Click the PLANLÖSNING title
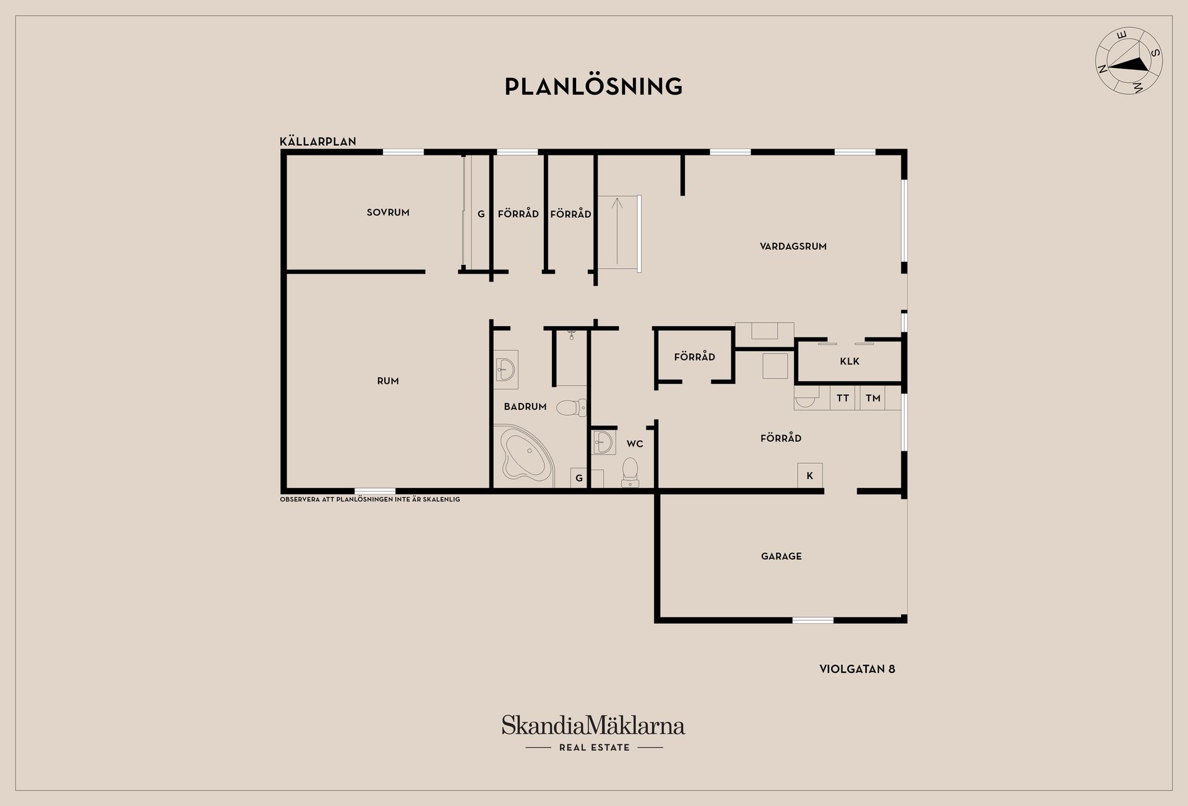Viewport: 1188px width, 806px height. pyautogui.click(x=593, y=86)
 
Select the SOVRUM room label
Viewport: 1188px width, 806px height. pyautogui.click(x=388, y=212)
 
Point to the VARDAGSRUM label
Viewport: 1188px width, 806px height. pyautogui.click(x=793, y=246)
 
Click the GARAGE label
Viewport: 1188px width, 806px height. pyautogui.click(x=781, y=557)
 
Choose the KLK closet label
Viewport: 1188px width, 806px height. pyautogui.click(x=850, y=362)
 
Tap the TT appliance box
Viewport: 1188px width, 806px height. pyautogui.click(x=842, y=398)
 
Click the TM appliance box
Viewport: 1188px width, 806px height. pyautogui.click(x=872, y=398)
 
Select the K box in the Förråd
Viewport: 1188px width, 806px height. pyautogui.click(x=810, y=475)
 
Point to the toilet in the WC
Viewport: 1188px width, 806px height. pyautogui.click(x=630, y=472)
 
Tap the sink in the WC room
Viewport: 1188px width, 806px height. pyautogui.click(x=603, y=443)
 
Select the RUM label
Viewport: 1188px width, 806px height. pyautogui.click(x=388, y=381)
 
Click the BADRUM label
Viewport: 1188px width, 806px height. pyautogui.click(x=525, y=407)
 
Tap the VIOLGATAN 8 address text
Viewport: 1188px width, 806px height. pyautogui.click(x=857, y=669)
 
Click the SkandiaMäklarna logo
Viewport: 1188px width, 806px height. pyautogui.click(x=593, y=726)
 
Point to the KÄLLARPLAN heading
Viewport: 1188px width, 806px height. pyautogui.click(x=318, y=142)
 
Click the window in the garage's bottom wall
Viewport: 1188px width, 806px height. pyautogui.click(x=813, y=620)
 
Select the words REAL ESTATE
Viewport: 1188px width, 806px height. pyautogui.click(x=594, y=748)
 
